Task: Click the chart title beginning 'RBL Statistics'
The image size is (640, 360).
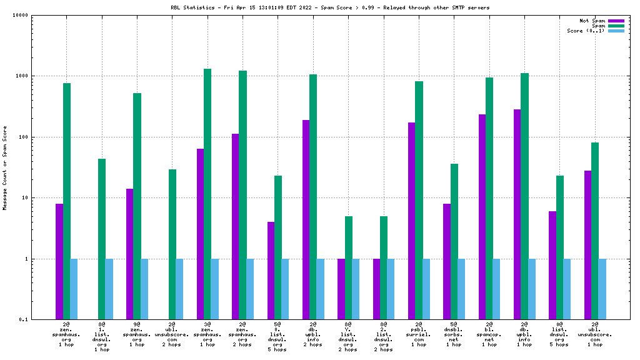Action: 330,7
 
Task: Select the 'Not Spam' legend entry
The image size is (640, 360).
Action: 592,21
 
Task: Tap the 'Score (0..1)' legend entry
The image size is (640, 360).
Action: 586,31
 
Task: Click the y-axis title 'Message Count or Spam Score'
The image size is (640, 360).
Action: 5,167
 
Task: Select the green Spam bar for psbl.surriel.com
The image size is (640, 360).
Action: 419,200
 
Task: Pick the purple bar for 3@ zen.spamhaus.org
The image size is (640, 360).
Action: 200,234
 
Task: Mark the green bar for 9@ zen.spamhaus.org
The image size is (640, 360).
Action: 137,206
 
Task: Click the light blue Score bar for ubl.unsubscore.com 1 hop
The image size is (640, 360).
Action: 602,289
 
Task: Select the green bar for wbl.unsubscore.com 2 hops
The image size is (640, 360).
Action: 172,244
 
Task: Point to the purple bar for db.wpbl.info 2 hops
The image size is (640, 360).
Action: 306,219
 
